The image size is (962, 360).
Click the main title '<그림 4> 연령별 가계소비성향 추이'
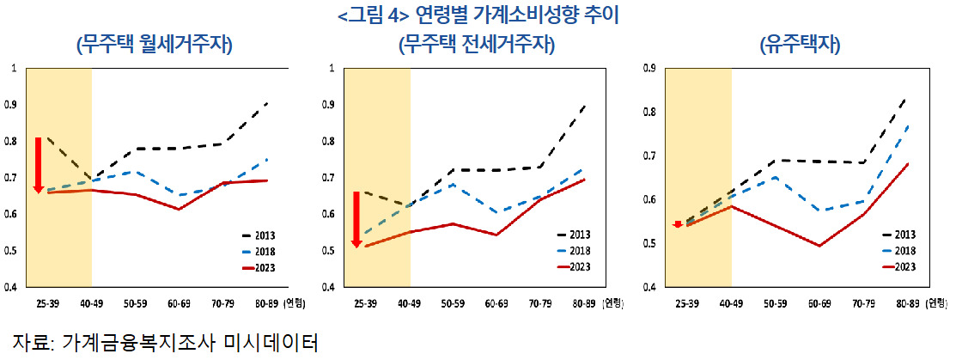point(478,15)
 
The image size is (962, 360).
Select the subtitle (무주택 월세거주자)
point(155,45)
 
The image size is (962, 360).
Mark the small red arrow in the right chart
point(678,224)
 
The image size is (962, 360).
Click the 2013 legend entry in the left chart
point(257,235)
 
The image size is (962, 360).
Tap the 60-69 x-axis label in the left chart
point(179,302)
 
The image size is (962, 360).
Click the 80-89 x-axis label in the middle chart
point(583,302)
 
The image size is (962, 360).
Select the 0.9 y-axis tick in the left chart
point(10,105)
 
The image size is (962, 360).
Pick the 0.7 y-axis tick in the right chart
point(650,156)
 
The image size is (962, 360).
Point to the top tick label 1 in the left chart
point(12,69)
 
